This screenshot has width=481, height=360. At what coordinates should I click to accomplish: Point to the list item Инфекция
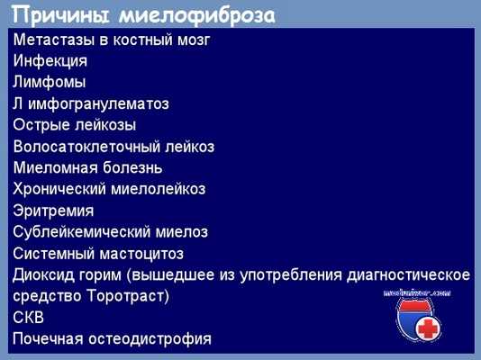50,61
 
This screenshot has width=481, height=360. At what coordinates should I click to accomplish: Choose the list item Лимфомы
50,82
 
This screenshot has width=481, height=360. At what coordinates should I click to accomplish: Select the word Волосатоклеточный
88,146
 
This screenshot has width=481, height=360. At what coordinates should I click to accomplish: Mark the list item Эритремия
53,210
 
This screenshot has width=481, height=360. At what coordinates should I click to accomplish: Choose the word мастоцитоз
142,252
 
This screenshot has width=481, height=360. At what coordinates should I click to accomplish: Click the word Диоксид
45,274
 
